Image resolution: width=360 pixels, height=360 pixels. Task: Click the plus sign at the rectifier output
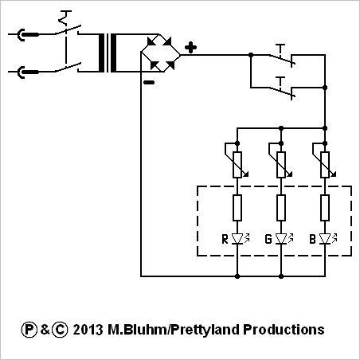190,48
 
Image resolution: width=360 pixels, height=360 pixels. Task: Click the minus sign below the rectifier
149,83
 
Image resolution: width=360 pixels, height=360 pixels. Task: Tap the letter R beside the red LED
225,239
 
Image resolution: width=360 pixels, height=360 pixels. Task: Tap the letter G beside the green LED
268,239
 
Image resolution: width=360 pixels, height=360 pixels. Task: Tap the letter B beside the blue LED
312,239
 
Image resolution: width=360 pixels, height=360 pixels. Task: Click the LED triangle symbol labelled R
237,239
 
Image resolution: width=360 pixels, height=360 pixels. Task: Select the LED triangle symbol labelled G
281,239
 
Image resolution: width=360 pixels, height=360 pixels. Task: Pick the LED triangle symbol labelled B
325,239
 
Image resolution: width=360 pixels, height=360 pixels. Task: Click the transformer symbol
108,53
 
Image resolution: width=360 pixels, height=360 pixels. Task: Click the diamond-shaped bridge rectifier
160,53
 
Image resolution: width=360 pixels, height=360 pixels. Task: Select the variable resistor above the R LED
237,161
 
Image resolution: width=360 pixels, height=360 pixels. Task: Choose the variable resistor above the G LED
281,161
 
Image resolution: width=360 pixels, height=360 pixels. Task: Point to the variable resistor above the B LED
325,161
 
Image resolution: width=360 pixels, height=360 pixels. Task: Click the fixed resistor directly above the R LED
237,208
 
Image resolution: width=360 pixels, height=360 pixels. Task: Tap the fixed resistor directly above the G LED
281,208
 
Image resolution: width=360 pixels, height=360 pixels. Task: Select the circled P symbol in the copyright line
29,330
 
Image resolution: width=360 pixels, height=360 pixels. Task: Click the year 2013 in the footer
88,330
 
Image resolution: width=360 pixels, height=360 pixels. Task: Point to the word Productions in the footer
284,330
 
